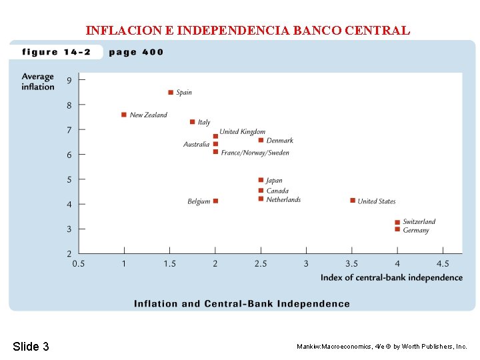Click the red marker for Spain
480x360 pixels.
coord(171,93)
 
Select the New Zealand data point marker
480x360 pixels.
coord(124,115)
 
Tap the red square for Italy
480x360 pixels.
coord(192,122)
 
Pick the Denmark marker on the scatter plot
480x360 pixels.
coord(261,140)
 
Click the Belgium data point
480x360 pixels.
coord(215,201)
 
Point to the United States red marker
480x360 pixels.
coord(353,201)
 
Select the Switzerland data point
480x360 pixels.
coord(397,222)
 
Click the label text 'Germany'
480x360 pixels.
coord(416,231)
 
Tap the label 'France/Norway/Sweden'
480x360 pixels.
coord(255,153)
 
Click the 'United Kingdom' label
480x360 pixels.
coord(243,132)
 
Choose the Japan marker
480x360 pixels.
coord(261,180)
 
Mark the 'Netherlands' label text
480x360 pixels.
coord(283,199)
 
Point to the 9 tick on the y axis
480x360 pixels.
coord(69,81)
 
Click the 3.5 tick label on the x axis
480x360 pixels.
coord(351,264)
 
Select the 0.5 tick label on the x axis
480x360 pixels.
coord(79,264)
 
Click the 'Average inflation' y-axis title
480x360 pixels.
coord(37,82)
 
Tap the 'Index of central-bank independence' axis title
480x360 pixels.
coord(391,277)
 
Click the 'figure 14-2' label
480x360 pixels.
coord(56,52)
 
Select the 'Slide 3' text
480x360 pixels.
coord(31,346)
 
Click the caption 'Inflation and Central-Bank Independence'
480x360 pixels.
coord(241,304)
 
